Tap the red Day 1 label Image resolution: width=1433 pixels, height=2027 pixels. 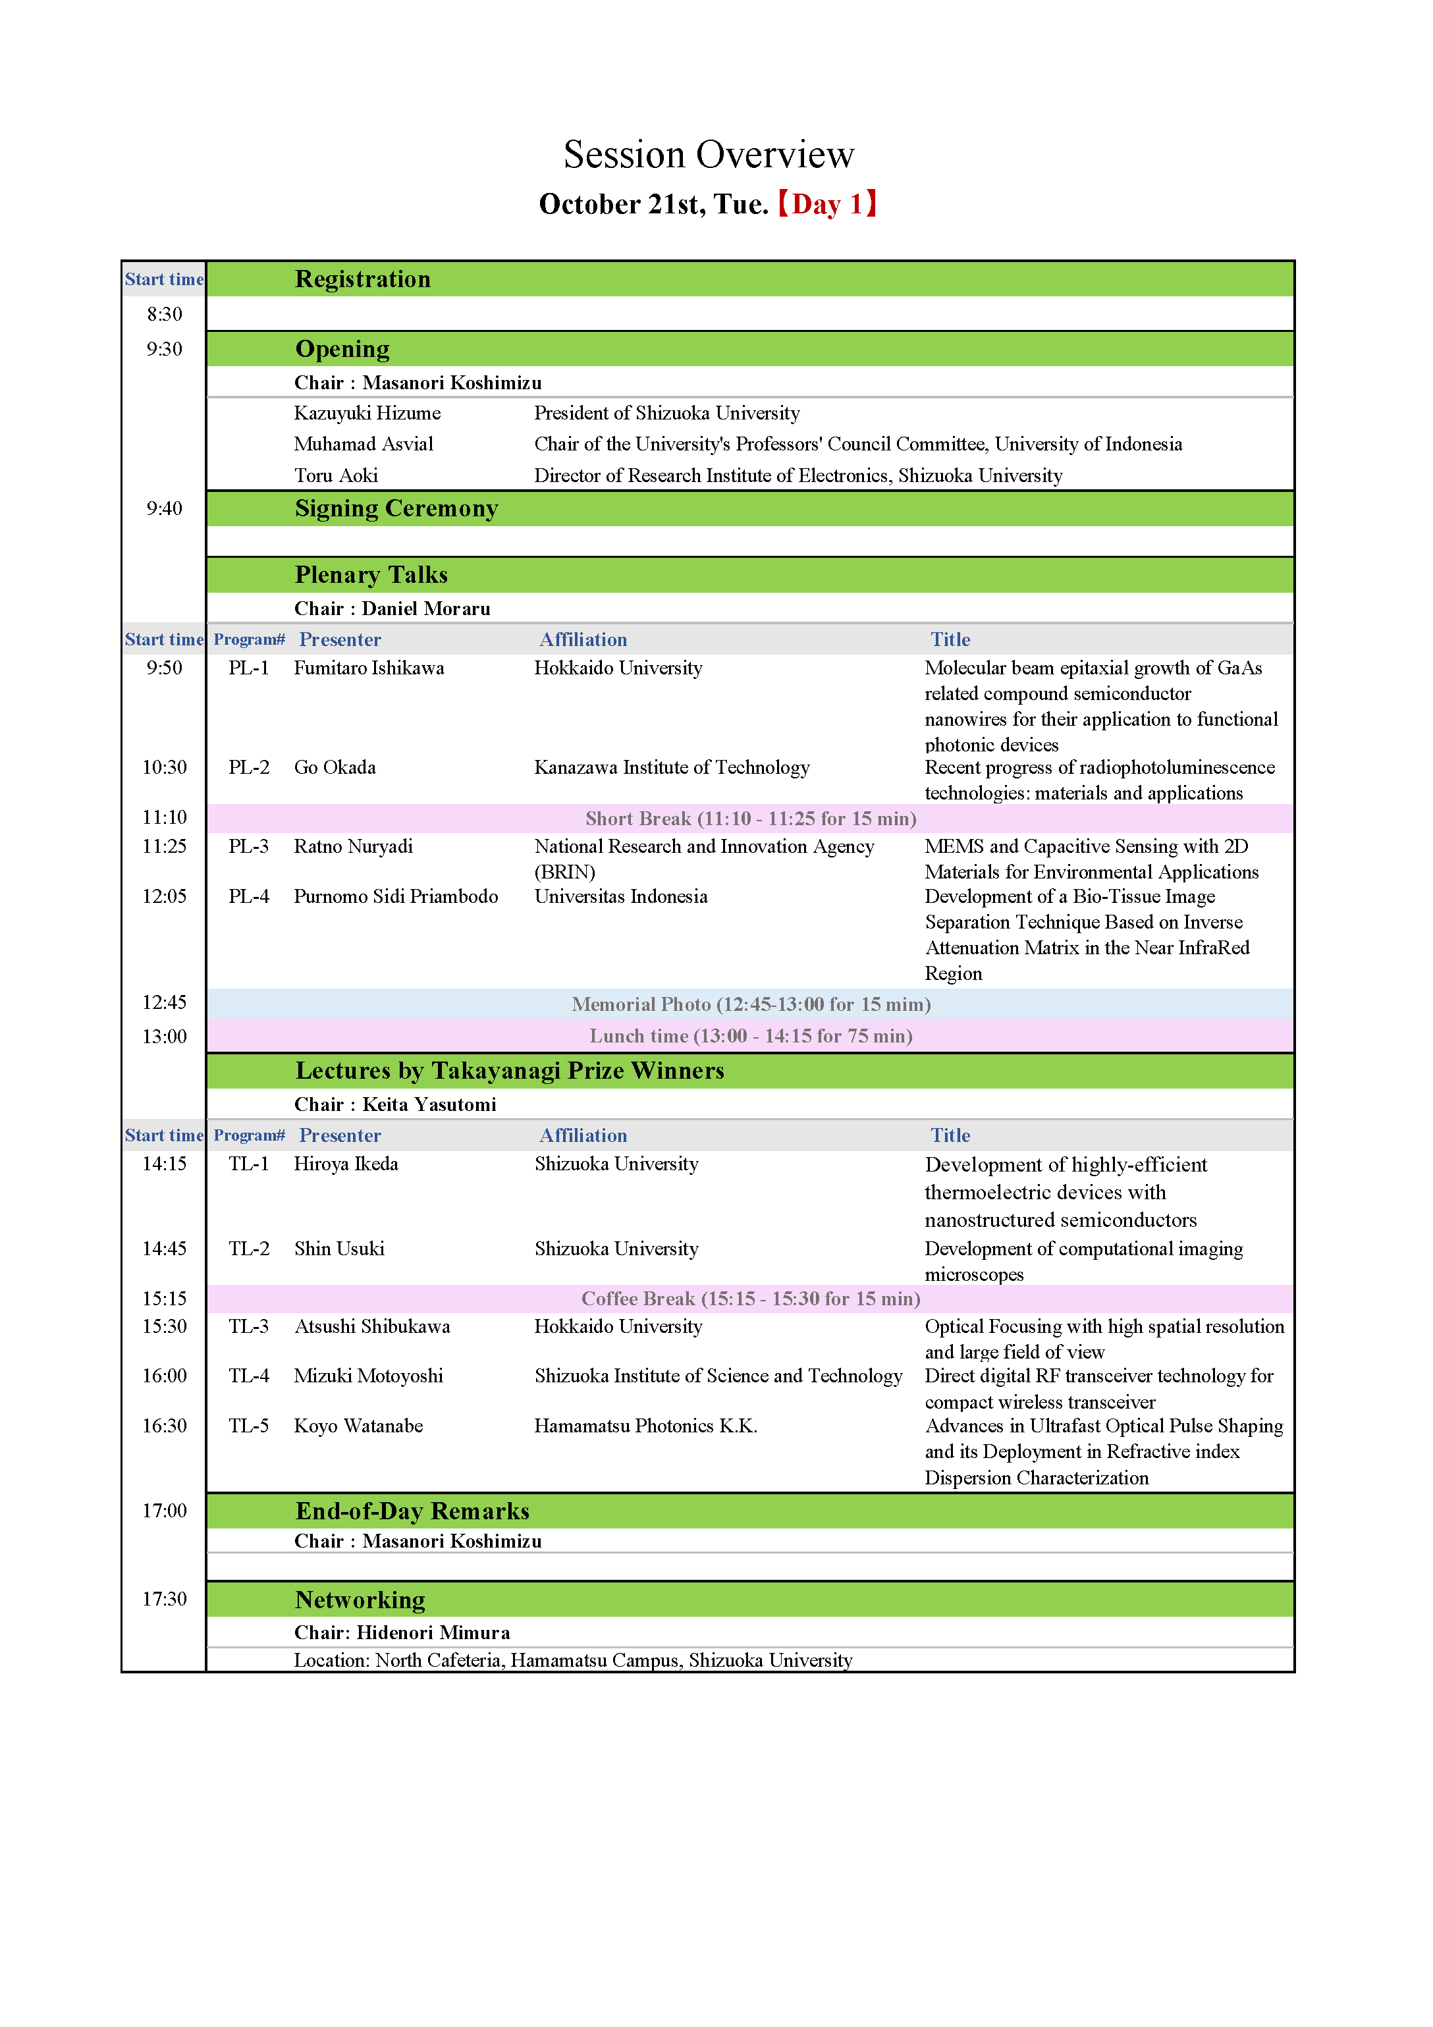point(826,204)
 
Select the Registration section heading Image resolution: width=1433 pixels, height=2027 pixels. point(362,279)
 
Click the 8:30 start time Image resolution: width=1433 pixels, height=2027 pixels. point(164,314)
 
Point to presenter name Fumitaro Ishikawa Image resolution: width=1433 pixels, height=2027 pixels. point(368,668)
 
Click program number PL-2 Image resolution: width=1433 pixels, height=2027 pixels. point(248,767)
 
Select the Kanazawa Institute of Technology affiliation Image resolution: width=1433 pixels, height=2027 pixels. point(671,767)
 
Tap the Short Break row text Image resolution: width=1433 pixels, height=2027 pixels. point(751,819)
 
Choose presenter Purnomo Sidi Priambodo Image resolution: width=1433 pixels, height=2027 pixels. point(396,896)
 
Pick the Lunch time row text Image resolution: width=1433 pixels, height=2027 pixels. point(751,1036)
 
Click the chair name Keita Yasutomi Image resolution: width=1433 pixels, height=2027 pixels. point(429,1104)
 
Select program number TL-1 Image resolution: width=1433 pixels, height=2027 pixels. point(248,1164)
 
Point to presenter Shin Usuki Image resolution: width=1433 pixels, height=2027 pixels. point(339,1249)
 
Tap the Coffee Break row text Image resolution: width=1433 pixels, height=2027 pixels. point(751,1299)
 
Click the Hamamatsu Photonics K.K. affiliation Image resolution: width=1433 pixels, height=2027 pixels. point(645,1426)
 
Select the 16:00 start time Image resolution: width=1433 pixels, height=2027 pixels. point(164,1376)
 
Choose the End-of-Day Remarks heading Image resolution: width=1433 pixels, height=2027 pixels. point(412,1511)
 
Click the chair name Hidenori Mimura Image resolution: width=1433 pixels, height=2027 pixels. point(433,1633)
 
